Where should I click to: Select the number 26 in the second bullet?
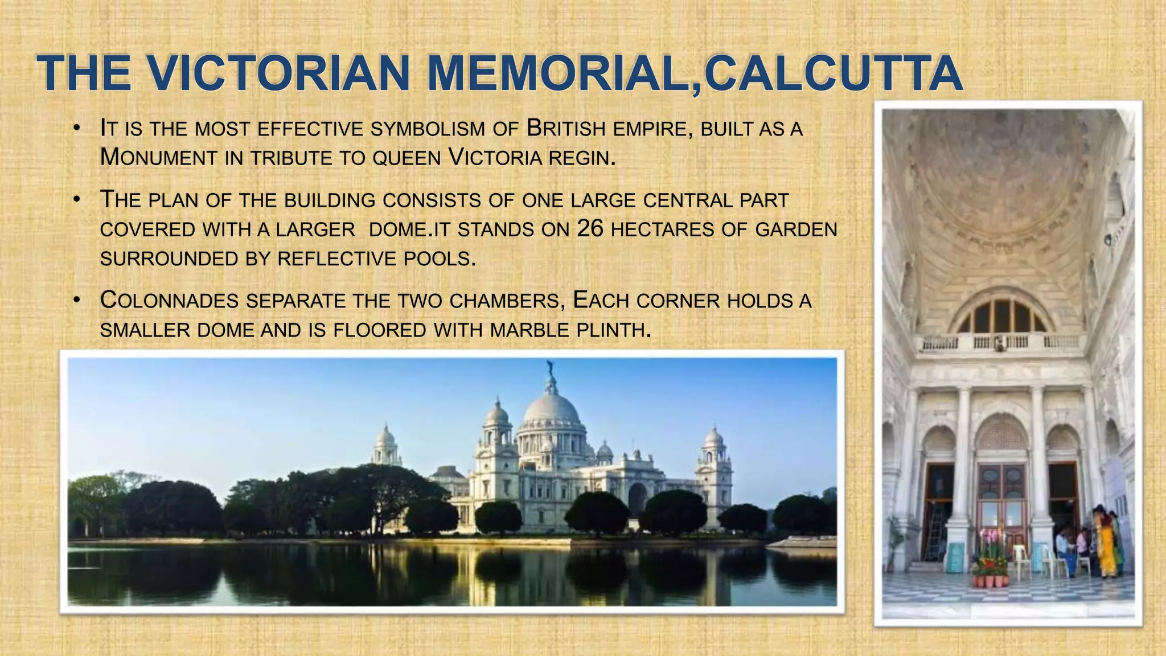[590, 229]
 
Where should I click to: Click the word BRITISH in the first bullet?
[566, 129]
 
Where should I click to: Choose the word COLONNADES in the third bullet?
[169, 301]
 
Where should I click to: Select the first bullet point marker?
[76, 128]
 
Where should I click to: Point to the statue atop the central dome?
[549, 367]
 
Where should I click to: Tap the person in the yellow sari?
[1106, 544]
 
